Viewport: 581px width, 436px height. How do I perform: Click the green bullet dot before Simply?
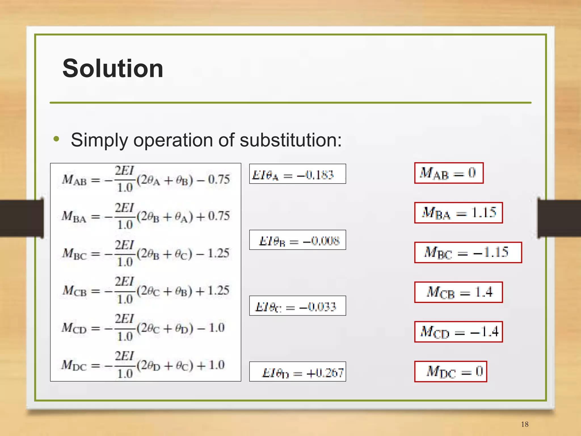coord(56,139)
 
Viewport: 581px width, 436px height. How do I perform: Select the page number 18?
coord(525,424)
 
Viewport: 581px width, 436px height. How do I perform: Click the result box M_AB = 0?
coord(449,173)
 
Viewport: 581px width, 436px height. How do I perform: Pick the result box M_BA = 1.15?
coord(458,213)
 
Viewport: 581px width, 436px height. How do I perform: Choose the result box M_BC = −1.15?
coord(468,252)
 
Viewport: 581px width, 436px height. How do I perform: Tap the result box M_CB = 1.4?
coord(458,292)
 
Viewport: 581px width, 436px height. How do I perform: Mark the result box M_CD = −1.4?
coord(458,332)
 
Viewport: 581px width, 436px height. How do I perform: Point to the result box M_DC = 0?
coord(451,372)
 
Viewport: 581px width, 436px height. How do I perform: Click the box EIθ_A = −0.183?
coord(297,174)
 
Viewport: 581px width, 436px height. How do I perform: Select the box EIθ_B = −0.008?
coord(297,240)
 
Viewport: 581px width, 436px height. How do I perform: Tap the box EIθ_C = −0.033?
coord(297,306)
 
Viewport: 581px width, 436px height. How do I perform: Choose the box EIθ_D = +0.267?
coord(297,372)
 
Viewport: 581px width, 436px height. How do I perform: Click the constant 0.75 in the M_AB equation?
coord(219,179)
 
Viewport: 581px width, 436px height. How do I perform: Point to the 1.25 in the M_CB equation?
coord(218,290)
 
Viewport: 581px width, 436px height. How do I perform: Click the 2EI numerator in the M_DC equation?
coord(124,356)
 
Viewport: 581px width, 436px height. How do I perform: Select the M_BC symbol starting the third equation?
coord(74,253)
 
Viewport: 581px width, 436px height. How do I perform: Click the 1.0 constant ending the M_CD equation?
coord(217,328)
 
